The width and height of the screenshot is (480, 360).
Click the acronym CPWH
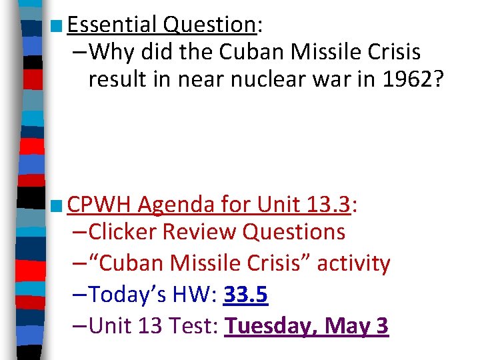[99, 205]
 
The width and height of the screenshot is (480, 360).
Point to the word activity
[353, 263]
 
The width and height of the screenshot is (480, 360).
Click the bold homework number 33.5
[246, 294]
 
